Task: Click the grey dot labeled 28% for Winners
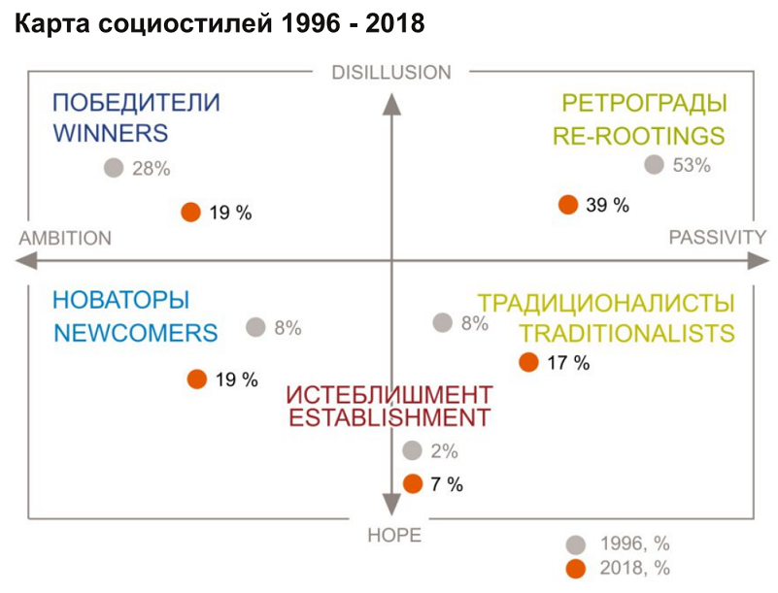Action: point(114,168)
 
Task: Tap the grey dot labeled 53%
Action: point(655,165)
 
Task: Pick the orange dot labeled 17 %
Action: point(528,362)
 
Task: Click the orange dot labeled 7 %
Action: point(412,483)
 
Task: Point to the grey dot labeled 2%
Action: point(412,450)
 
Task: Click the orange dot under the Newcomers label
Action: point(197,379)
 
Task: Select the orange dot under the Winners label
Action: point(191,212)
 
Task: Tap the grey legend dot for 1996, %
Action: point(576,544)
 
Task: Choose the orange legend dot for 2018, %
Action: point(576,569)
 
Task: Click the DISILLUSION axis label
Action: point(391,73)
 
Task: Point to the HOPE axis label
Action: point(394,536)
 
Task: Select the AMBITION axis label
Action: point(65,239)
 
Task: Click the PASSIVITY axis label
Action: point(717,238)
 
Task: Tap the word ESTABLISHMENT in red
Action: point(389,419)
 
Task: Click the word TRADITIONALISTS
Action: point(626,333)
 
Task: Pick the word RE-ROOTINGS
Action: point(638,135)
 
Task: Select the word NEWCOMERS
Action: point(135,333)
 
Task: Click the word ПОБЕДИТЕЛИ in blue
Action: point(136,103)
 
